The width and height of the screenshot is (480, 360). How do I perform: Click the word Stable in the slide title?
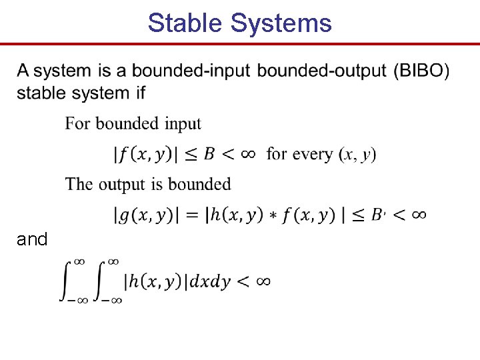coord(186,23)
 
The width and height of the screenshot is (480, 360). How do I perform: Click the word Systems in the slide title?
coord(281,23)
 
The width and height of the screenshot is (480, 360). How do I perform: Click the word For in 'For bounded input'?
coord(78,123)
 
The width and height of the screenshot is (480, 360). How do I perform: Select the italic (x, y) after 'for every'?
coord(358,155)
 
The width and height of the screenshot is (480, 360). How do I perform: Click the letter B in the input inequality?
coord(209,154)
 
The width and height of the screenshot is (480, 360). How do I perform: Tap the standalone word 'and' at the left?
coord(32,239)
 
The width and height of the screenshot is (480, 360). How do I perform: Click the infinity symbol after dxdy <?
coord(262,281)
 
